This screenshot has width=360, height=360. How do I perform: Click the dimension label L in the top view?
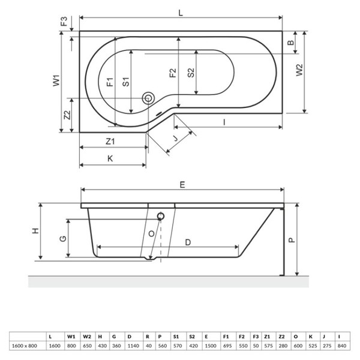[181, 11]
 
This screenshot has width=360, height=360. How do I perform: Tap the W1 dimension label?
[55, 81]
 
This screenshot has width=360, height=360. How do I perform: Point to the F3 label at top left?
[64, 23]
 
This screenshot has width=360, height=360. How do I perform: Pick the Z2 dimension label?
[67, 115]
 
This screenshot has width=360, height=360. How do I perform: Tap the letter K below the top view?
[110, 159]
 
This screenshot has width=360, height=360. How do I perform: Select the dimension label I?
[223, 122]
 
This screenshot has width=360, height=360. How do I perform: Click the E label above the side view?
[182, 185]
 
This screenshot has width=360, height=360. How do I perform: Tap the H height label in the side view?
[35, 231]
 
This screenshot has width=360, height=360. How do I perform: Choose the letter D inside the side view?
[188, 242]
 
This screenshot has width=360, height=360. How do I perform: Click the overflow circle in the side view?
[160, 216]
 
